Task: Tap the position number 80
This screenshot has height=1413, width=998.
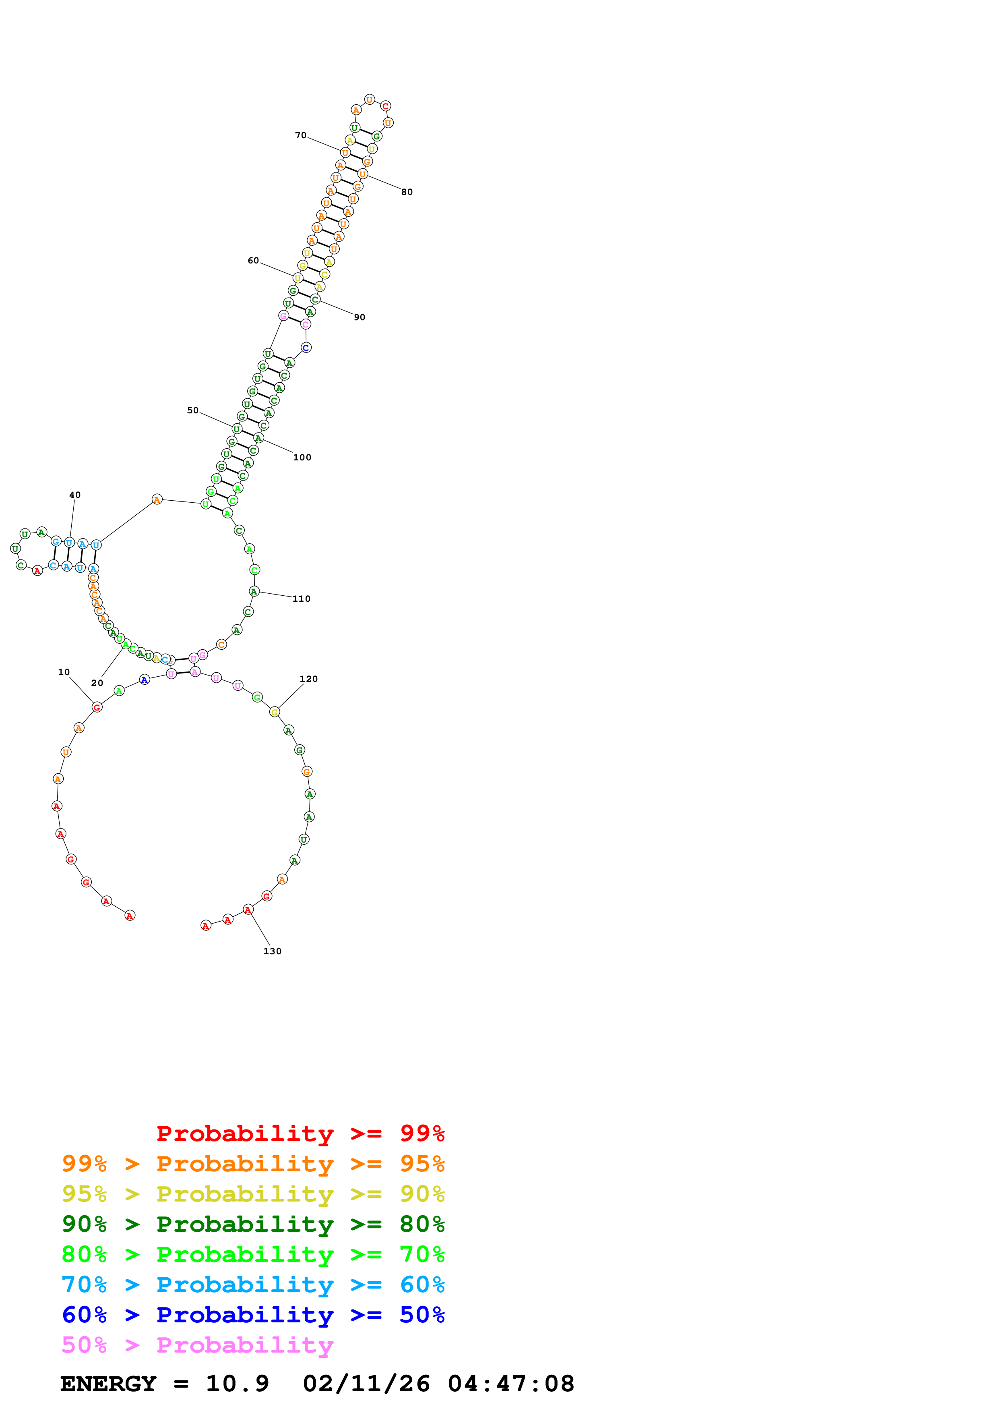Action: coord(407,192)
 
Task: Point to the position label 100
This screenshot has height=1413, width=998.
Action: coord(302,457)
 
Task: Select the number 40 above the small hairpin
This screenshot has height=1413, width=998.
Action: coord(75,495)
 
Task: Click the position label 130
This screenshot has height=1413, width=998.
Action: coord(273,951)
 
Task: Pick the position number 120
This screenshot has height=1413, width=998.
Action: coord(309,679)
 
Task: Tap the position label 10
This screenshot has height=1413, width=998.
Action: coord(64,672)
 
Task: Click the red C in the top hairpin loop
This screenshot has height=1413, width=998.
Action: coord(386,106)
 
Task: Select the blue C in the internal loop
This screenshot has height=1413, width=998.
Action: coord(306,348)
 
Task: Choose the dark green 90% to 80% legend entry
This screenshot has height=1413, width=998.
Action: coord(253,1224)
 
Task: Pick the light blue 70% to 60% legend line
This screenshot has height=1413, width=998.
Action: coord(253,1285)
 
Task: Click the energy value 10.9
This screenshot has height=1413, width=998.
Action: coord(238,1384)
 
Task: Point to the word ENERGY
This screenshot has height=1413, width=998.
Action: coord(108,1384)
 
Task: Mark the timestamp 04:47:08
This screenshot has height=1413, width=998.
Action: coord(511,1384)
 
